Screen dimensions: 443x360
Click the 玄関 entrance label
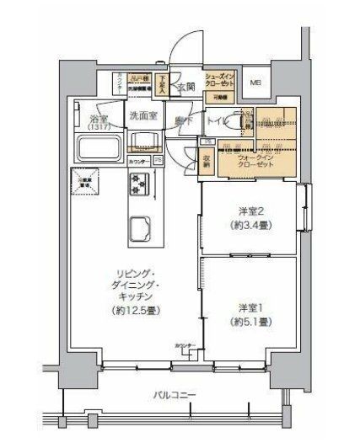(185, 86)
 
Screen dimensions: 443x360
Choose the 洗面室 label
(142, 116)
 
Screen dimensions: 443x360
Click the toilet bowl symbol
(246, 123)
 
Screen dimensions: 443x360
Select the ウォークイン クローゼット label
(254, 160)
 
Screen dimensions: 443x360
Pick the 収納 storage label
(207, 158)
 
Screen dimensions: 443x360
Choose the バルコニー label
(175, 393)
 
